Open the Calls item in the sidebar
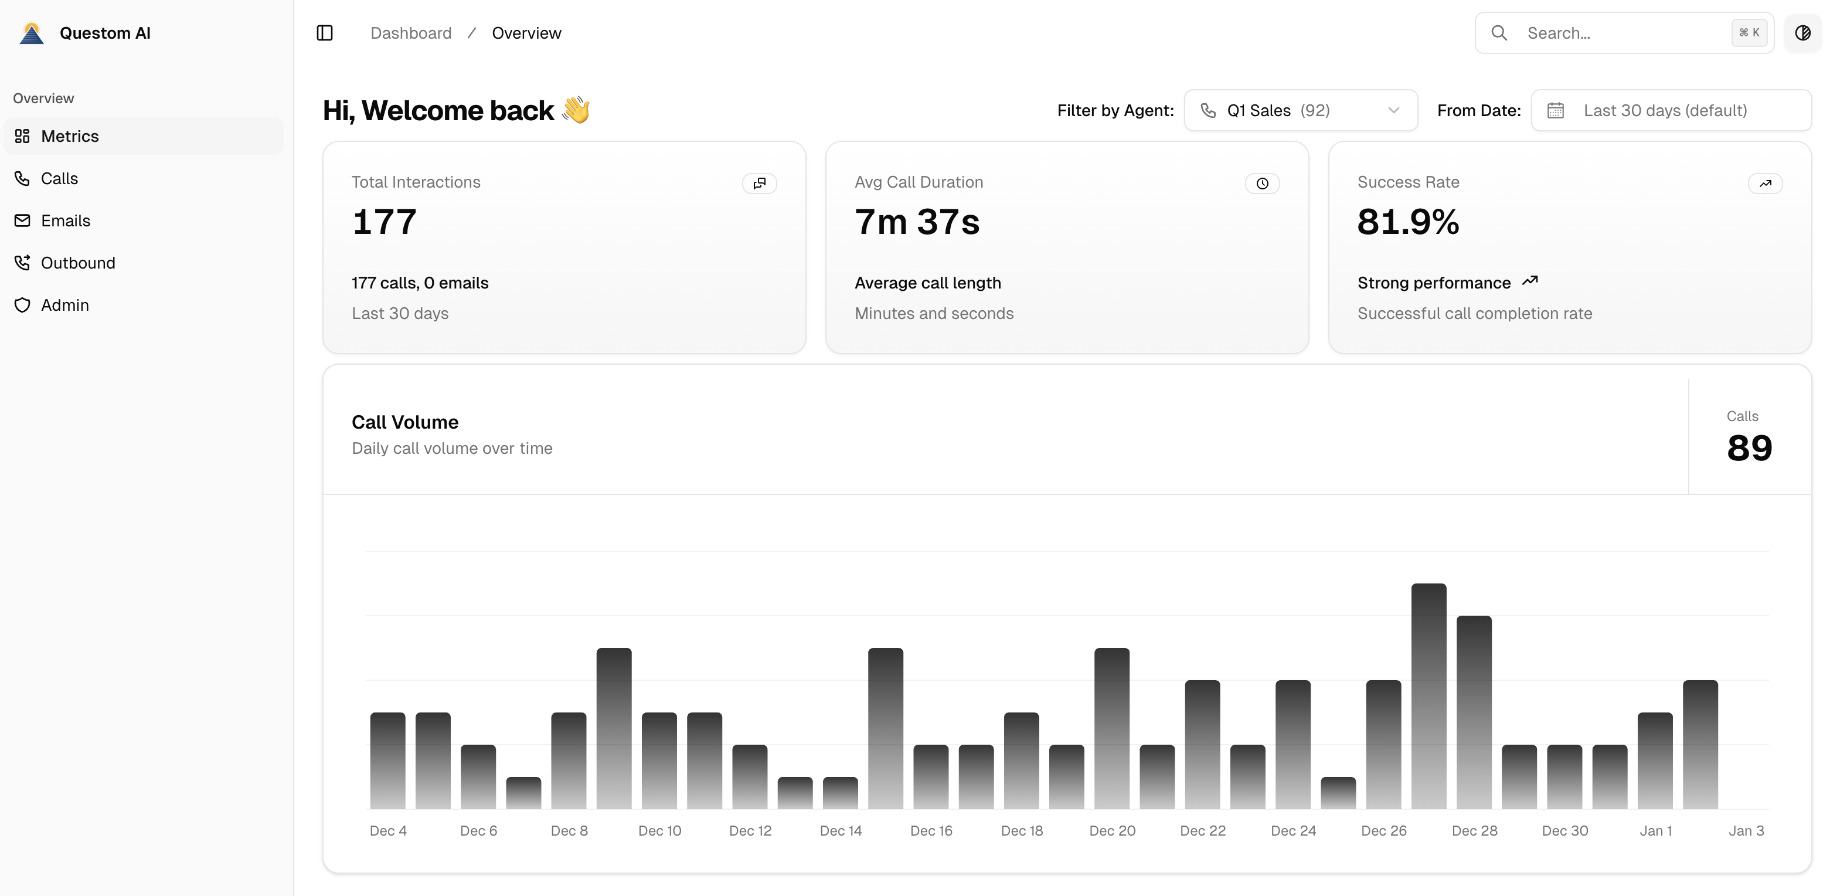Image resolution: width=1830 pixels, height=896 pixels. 59,178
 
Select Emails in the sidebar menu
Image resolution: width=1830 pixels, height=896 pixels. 66,221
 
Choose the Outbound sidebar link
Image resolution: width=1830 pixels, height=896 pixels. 77,263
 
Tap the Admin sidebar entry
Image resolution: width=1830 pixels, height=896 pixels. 64,306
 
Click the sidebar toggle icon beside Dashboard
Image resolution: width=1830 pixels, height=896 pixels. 325,33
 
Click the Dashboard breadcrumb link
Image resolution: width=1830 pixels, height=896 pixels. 411,33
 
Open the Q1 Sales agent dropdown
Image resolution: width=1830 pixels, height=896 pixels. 1300,111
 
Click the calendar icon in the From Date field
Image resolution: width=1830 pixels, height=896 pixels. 1555,111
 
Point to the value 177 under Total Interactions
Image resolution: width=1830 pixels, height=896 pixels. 385,222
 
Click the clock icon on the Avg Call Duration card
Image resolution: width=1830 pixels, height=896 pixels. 1261,184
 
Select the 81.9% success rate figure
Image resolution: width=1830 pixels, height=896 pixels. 1408,222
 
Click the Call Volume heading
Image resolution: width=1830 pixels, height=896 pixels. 405,422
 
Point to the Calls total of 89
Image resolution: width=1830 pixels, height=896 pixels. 1749,447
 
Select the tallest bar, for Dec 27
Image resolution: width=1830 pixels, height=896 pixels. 1428,697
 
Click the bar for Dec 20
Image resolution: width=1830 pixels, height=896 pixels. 1112,728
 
